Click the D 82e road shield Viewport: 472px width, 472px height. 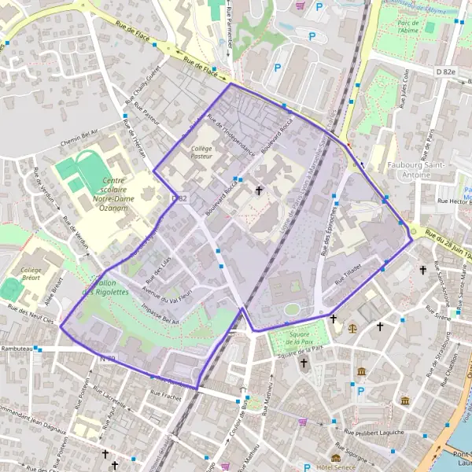click(x=445, y=72)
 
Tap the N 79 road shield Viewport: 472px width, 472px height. click(x=108, y=360)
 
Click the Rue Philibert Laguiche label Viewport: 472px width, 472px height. click(x=377, y=432)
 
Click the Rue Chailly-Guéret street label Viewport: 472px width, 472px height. click(x=142, y=81)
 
